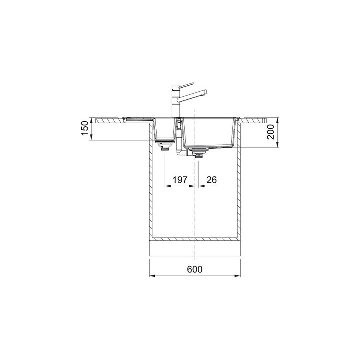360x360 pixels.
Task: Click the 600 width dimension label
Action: click(195, 269)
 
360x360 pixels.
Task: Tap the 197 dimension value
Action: click(180, 180)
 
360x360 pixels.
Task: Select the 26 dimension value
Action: click(211, 180)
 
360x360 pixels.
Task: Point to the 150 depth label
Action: click(85, 128)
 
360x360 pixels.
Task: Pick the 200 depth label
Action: click(271, 132)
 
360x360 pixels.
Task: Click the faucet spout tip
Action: click(205, 92)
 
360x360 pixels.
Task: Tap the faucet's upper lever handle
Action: click(187, 85)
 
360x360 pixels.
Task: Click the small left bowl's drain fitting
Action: click(164, 146)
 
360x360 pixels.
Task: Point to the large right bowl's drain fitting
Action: click(199, 152)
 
